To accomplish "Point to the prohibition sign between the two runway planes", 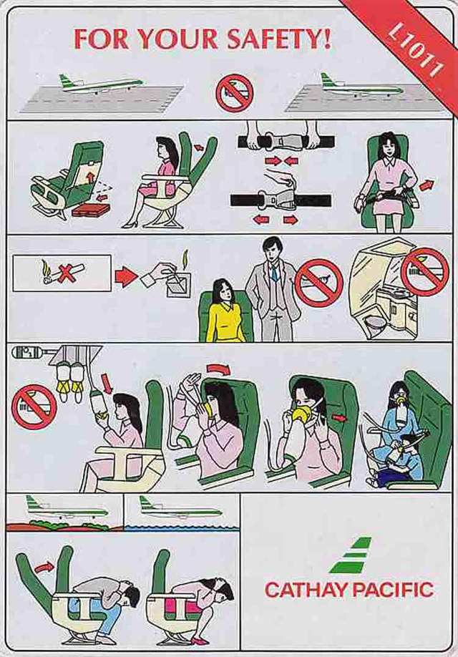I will [x=234, y=93].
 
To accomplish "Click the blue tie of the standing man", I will [x=273, y=273].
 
